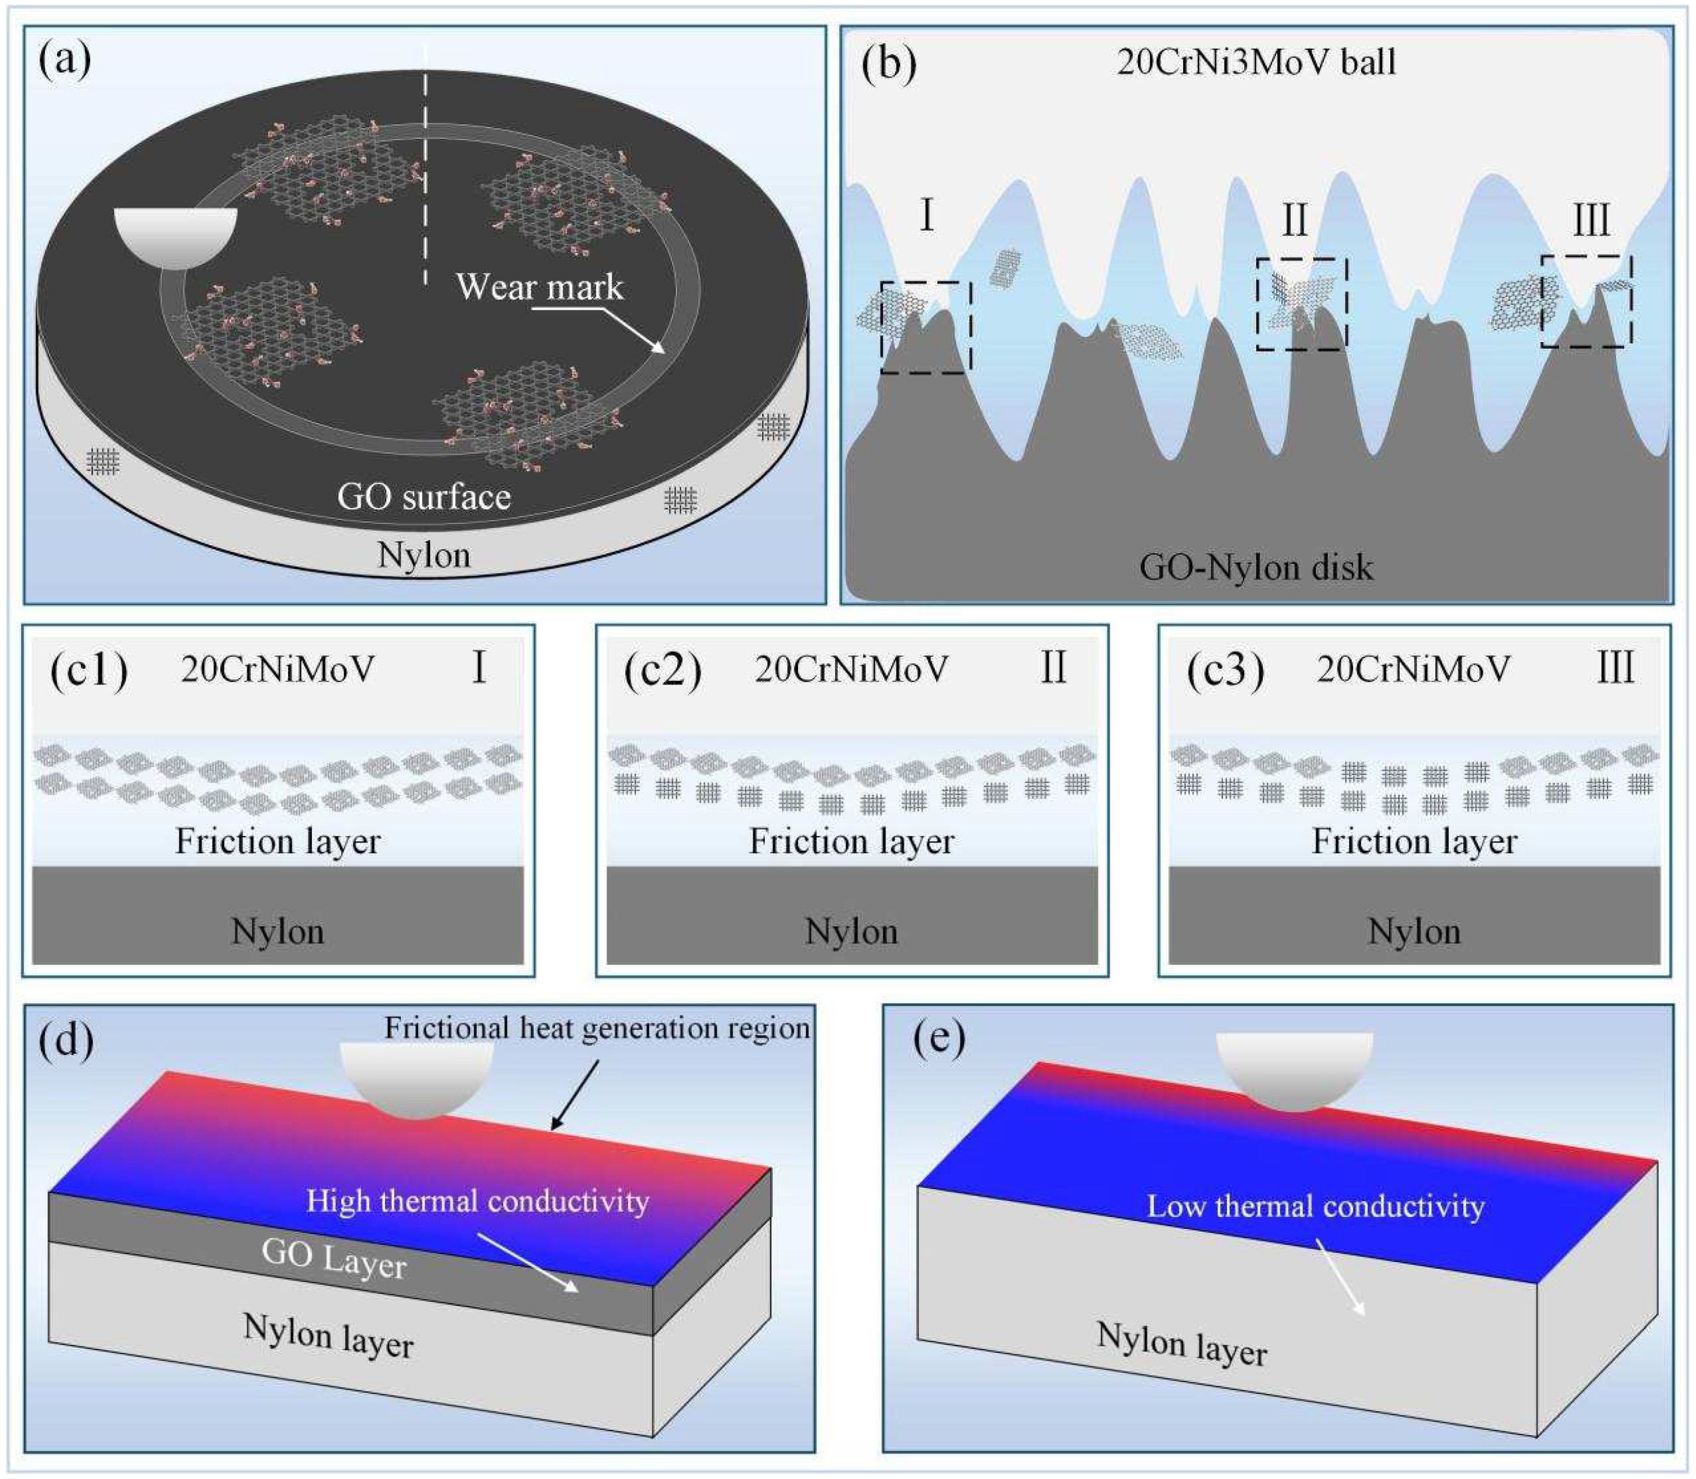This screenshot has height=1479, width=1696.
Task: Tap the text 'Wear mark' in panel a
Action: [x=539, y=286]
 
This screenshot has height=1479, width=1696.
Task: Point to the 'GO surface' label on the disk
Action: [x=423, y=497]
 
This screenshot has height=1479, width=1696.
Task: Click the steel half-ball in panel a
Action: [x=175, y=235]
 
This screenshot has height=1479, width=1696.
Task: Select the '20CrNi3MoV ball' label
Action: [x=1256, y=62]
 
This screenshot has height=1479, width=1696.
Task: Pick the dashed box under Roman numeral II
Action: [x=1301, y=303]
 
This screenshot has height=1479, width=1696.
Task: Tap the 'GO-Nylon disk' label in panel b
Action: [x=1256, y=568]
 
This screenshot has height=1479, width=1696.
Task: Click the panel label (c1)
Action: [x=89, y=670]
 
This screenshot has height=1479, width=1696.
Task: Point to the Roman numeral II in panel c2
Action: [x=1053, y=668]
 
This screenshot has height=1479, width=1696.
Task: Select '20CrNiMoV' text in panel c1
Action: [x=277, y=670]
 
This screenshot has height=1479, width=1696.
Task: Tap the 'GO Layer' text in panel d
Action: [x=334, y=1258]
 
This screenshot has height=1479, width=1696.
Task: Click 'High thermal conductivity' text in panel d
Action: [x=477, y=1201]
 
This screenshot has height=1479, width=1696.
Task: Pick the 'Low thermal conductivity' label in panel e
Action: [x=1315, y=1207]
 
